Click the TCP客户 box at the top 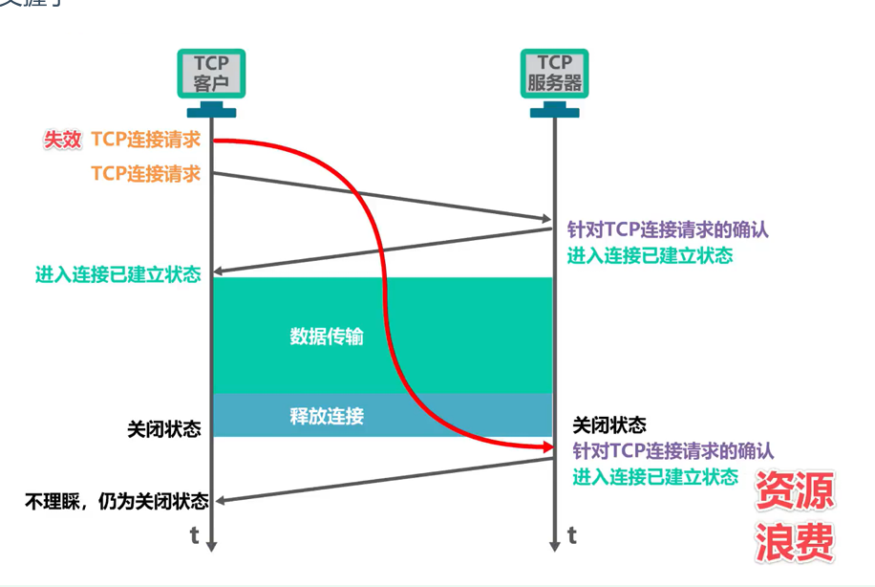211,74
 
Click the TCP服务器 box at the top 554,74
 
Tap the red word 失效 62,140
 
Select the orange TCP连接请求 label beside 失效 146,140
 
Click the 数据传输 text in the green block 327,337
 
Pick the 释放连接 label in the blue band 327,416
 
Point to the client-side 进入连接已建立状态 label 118,274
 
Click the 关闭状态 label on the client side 163,429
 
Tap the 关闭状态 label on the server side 609,424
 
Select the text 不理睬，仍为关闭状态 117,500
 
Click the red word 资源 795,491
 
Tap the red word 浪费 795,542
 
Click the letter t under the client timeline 194,535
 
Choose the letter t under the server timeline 571,535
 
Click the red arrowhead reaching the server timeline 547,446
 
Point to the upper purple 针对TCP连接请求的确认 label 669,230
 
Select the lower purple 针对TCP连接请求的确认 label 672,450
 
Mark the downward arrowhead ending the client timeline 211,545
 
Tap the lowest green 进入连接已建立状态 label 655,476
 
